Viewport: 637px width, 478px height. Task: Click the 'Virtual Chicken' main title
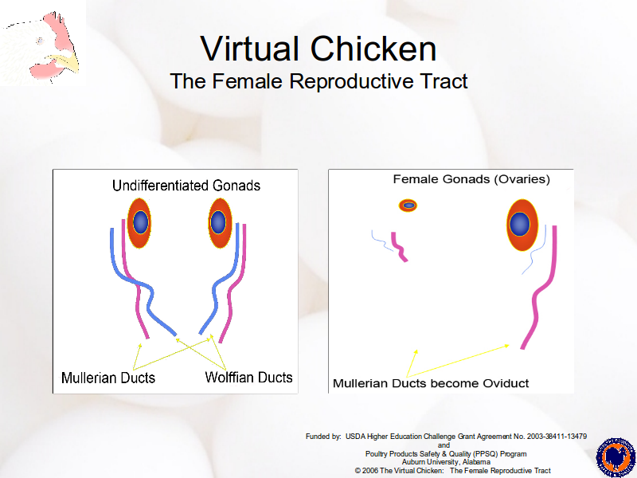[318, 49]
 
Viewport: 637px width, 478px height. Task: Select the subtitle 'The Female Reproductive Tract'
[318, 81]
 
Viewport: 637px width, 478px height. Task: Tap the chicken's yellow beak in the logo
[66, 62]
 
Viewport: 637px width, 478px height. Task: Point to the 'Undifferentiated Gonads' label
[186, 186]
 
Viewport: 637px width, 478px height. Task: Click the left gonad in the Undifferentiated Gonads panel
[139, 223]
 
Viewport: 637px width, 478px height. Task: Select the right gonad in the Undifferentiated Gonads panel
[221, 223]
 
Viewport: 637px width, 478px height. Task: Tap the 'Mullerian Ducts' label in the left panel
[108, 378]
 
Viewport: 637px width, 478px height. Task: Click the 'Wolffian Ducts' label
[248, 377]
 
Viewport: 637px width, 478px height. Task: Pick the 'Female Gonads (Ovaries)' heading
[471, 179]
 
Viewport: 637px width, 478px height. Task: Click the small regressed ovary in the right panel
[408, 206]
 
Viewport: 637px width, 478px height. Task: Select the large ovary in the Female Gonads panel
[522, 225]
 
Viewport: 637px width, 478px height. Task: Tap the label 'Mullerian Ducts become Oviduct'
[431, 383]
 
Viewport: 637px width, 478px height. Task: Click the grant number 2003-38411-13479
[557, 437]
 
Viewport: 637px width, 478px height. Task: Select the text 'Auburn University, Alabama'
[446, 462]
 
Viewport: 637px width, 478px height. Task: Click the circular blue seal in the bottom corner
[616, 457]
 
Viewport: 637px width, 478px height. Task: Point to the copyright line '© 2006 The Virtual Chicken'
[400, 471]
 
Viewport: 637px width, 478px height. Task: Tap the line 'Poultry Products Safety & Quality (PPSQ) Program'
[446, 453]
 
